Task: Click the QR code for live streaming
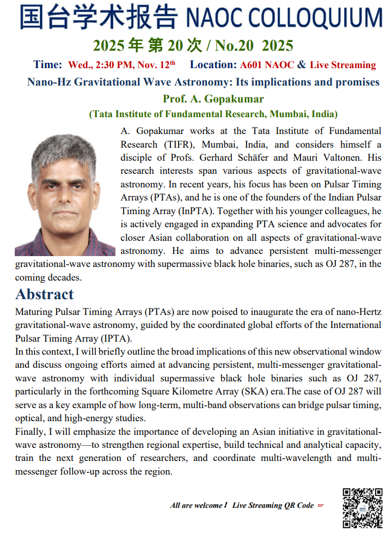[x=362, y=508]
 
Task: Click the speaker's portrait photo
[x=65, y=195]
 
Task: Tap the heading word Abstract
[x=45, y=294]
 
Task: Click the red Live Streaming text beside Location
[x=343, y=65]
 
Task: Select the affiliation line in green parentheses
[x=213, y=114]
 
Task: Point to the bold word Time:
[x=48, y=65]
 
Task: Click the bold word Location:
[x=213, y=65]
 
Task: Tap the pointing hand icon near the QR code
[x=321, y=505]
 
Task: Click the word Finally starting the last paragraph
[x=30, y=432]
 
